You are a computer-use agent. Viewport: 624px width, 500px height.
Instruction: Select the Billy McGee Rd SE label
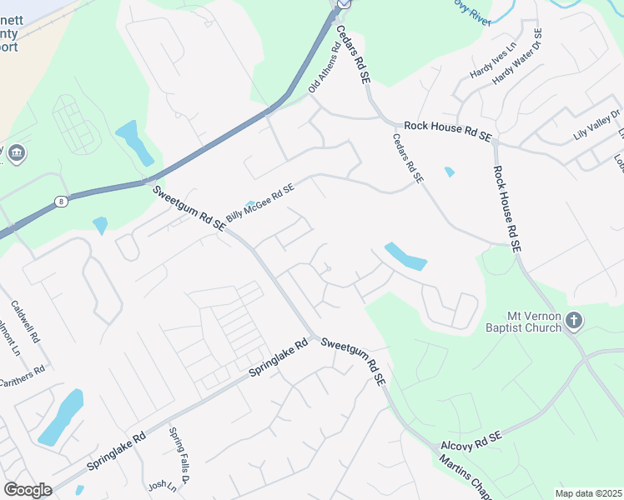pos(260,202)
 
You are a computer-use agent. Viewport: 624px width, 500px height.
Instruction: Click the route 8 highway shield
pos(62,201)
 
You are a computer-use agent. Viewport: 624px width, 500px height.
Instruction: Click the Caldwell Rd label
pos(26,323)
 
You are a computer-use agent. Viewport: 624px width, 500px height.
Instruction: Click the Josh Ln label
pos(163,486)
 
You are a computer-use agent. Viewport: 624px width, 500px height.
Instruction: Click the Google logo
pos(28,490)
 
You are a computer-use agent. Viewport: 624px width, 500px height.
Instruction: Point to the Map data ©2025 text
pos(588,493)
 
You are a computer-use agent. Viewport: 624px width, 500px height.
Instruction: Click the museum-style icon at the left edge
pos(16,153)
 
